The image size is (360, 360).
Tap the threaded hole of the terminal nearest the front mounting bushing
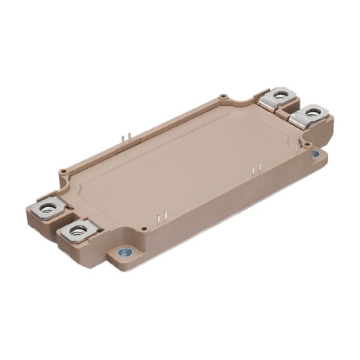(x=79, y=233)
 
